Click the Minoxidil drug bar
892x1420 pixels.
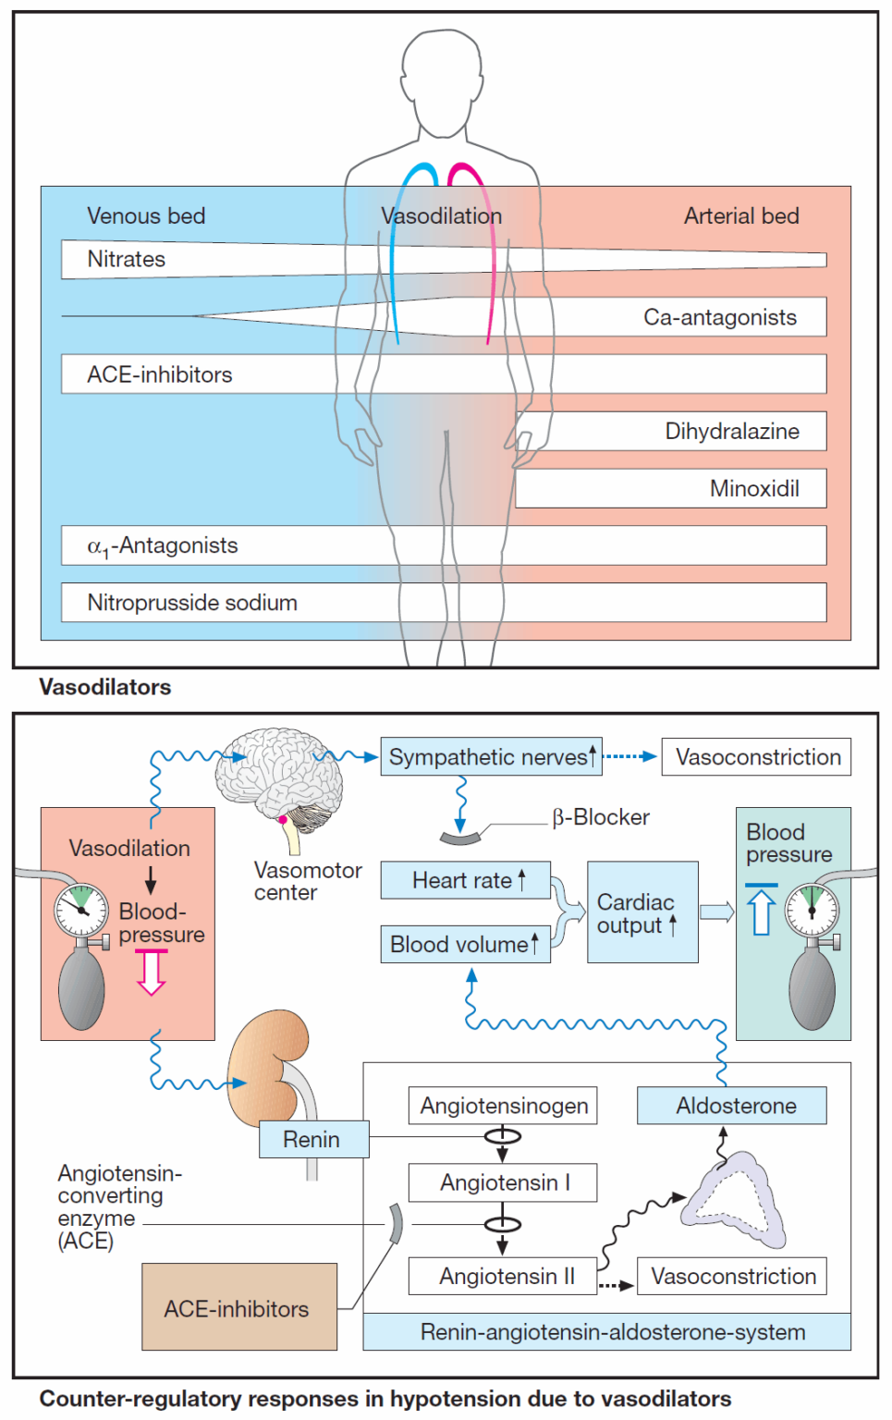pos(670,488)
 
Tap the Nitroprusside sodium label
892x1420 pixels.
pos(192,603)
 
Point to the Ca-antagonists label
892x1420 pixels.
pos(719,317)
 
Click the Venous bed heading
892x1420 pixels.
pos(146,215)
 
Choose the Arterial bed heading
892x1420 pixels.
pos(741,215)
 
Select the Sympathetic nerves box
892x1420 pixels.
pos(491,756)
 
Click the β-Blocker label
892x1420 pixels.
pos(601,817)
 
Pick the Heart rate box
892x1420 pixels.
pos(465,880)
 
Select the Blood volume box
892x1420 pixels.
pos(465,944)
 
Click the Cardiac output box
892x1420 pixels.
pos(642,912)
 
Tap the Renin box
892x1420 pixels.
pos(313,1139)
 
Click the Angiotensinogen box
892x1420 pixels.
pos(503,1106)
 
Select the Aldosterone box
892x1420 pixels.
pos(731,1106)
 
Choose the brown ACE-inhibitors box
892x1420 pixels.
pos(238,1307)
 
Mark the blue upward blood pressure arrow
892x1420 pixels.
pos(761,910)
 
